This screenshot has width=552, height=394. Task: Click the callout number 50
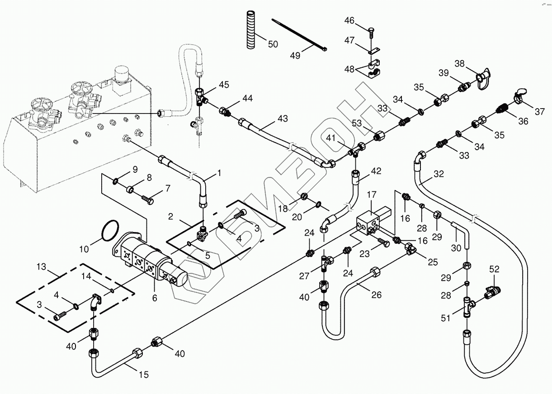click(x=273, y=44)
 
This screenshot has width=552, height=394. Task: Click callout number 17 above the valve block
click(x=371, y=195)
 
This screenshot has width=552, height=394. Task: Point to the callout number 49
click(x=295, y=55)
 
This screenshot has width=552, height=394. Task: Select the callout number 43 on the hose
click(x=283, y=119)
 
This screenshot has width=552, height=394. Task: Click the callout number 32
click(x=438, y=174)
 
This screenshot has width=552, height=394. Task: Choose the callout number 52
click(x=494, y=269)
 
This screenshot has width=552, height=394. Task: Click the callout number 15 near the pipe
click(x=143, y=375)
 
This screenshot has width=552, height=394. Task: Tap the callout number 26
click(x=376, y=295)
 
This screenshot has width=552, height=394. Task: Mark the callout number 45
click(x=224, y=85)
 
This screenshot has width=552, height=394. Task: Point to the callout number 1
click(x=219, y=173)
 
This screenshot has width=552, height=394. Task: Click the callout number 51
click(x=446, y=318)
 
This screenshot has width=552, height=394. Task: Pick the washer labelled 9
click(x=116, y=182)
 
